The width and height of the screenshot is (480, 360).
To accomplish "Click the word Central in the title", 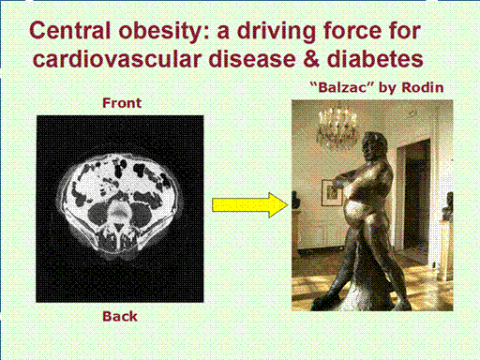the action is click(69, 30).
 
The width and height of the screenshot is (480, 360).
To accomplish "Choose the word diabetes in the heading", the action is click(375, 59).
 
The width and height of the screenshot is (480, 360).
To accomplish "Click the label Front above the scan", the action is click(122, 103).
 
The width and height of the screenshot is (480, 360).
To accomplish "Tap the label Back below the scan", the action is click(120, 316).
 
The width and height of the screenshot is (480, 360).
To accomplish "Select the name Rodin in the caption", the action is click(423, 87).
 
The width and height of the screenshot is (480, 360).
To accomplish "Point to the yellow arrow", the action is click(250, 205).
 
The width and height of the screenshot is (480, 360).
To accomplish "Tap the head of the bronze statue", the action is click(374, 144).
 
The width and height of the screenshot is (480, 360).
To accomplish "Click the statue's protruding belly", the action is click(355, 213).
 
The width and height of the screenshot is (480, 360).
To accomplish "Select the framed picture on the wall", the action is click(332, 193).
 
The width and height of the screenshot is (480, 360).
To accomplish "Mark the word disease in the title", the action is click(252, 59).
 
